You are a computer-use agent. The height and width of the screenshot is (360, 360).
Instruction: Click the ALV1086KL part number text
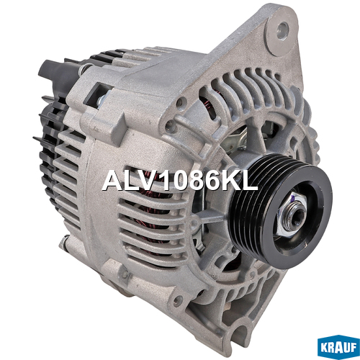180,181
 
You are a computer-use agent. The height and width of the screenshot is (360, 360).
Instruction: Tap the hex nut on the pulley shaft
291,215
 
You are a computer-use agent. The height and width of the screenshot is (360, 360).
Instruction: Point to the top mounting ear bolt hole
283,30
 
